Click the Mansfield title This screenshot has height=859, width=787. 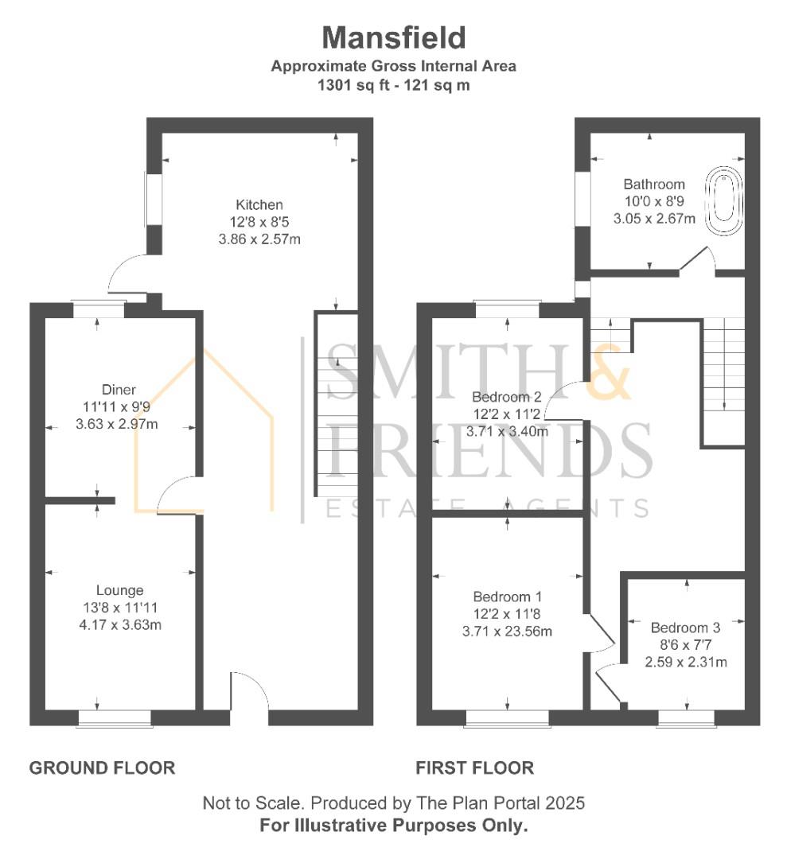(393, 38)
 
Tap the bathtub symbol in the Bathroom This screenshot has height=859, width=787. (723, 200)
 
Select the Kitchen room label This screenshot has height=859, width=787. (259, 205)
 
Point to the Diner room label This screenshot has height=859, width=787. (119, 390)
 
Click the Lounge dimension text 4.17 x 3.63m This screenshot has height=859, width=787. (120, 624)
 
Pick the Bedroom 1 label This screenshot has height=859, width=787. (508, 596)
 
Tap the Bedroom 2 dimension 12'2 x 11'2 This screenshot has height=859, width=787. (507, 414)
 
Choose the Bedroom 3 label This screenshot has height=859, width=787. (686, 628)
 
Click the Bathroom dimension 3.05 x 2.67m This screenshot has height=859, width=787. (654, 219)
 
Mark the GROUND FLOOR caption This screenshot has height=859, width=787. (103, 768)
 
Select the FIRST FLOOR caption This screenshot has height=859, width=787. (474, 768)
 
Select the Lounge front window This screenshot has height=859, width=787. (115, 718)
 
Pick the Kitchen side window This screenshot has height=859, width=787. (154, 200)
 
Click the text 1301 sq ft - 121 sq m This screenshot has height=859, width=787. (393, 85)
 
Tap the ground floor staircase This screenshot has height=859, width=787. (336, 404)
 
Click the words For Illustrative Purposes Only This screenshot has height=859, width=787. (393, 825)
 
